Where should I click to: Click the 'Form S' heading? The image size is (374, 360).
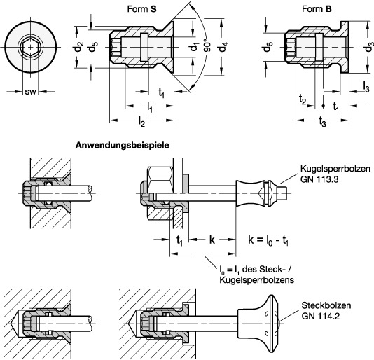[x=141, y=9]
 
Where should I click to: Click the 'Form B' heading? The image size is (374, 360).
[x=317, y=9]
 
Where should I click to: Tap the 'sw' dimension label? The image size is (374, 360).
[x=30, y=92]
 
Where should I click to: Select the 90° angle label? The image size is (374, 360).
[x=207, y=45]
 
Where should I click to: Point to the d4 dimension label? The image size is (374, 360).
[x=223, y=47]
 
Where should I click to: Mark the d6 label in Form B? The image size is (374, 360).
[x=268, y=47]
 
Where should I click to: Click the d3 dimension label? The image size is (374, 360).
[x=369, y=47]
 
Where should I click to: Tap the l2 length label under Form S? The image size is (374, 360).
[x=141, y=122]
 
